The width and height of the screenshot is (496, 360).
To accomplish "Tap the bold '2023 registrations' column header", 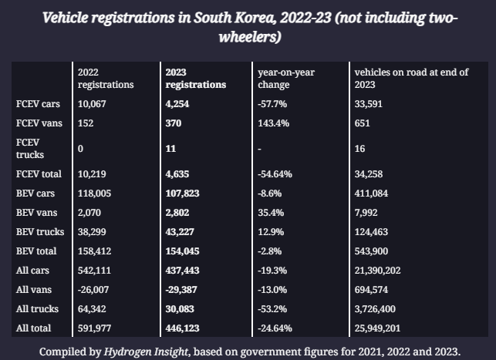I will (195, 78).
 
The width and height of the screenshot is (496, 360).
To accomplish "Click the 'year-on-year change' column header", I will (287, 78).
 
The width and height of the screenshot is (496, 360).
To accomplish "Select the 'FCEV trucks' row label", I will (32, 149).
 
